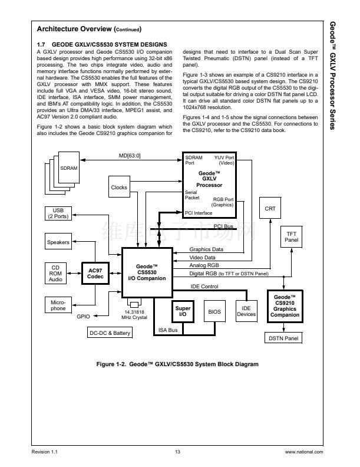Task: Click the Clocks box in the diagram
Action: click(x=119, y=188)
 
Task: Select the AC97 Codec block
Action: click(x=95, y=274)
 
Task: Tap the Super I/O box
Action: click(x=181, y=311)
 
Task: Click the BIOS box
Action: click(x=213, y=311)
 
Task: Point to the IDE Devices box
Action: click(x=246, y=311)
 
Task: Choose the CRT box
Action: click(x=270, y=208)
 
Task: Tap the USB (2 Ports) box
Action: click(x=58, y=213)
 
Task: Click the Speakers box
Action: click(x=58, y=242)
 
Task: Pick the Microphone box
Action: click(x=58, y=305)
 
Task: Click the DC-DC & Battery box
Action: click(x=109, y=333)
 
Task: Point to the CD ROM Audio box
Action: click(x=55, y=274)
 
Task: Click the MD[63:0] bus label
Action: click(x=130, y=156)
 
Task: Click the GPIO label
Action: click(x=84, y=316)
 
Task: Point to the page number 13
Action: click(x=177, y=452)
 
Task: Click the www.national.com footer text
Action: click(x=304, y=452)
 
